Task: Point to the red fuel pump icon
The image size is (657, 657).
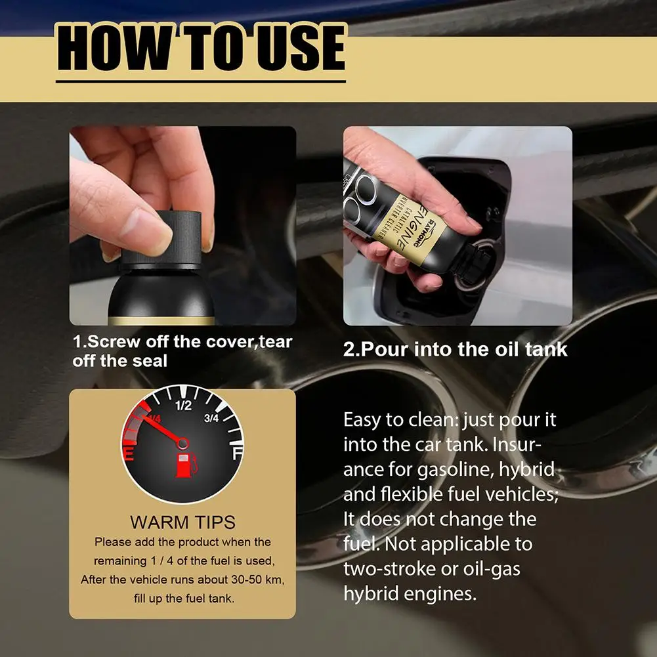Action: (x=184, y=463)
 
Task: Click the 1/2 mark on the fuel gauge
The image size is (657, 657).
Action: (x=183, y=406)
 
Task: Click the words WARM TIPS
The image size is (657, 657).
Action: (x=182, y=522)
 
